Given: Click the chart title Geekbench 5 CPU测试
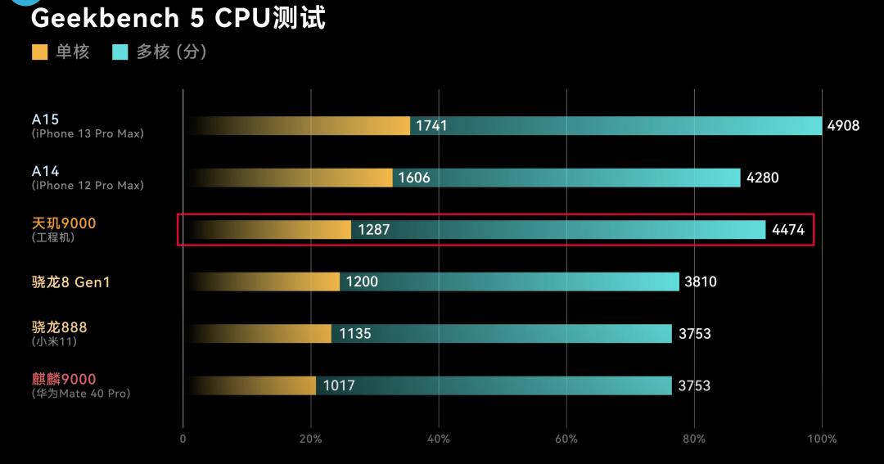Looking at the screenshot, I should click(x=178, y=18).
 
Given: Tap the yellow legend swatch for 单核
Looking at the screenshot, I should click(x=40, y=52).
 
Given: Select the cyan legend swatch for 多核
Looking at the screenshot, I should click(x=120, y=52).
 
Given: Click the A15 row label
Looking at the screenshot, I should click(x=46, y=119).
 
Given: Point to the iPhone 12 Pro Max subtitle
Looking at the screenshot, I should click(x=88, y=186).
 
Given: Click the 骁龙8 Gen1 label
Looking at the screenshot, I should click(x=70, y=282).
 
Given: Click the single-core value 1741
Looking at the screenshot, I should click(x=432, y=126).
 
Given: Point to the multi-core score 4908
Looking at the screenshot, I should click(x=844, y=126).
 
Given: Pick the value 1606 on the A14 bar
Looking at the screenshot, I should click(x=414, y=178).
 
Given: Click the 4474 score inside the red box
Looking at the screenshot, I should click(x=788, y=230).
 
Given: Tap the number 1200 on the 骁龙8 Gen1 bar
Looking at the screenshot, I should click(x=362, y=282).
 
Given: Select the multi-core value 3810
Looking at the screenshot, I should click(x=701, y=282).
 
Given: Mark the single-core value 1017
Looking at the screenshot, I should click(x=339, y=385).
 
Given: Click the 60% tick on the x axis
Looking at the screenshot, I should click(x=566, y=439).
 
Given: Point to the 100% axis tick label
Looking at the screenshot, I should click(x=822, y=439).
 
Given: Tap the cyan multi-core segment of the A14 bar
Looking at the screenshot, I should click(x=573, y=178).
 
